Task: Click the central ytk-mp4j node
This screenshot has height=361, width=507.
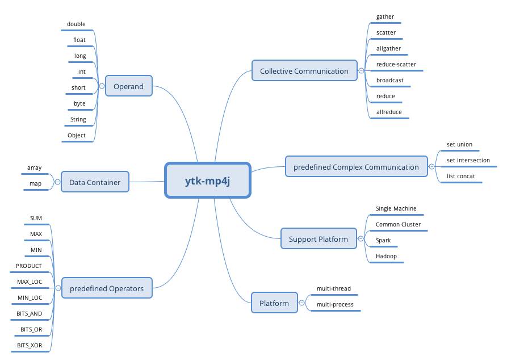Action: (x=208, y=180)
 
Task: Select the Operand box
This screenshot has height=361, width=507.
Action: (x=128, y=86)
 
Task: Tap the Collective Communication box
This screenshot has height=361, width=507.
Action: (x=304, y=71)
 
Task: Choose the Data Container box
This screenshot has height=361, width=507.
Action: (x=95, y=182)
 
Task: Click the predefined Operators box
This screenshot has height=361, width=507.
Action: (x=107, y=288)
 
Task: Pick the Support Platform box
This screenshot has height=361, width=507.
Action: (x=318, y=239)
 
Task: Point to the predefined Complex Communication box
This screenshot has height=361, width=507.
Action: (x=356, y=167)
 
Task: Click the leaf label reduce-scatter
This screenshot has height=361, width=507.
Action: (x=396, y=65)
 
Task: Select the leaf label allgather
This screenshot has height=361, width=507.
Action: (x=388, y=49)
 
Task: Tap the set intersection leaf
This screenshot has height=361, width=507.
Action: (x=468, y=160)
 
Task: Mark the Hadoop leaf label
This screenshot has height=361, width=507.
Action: (x=386, y=256)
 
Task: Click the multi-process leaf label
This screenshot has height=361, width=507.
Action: (x=335, y=304)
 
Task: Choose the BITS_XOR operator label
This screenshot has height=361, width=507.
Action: (x=30, y=345)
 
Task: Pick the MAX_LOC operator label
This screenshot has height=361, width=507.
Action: (x=30, y=282)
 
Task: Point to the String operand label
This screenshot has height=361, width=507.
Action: (x=78, y=120)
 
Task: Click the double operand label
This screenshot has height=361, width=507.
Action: (x=76, y=24)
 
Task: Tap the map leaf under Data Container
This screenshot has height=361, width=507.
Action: (x=35, y=184)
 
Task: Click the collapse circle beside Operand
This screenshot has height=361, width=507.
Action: (x=102, y=86)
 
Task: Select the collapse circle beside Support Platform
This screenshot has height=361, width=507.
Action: (x=361, y=239)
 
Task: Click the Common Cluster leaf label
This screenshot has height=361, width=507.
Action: (x=398, y=224)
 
